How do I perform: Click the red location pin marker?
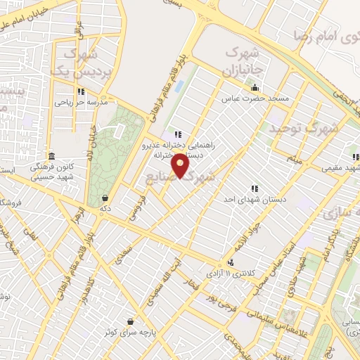pyautogui.click(x=181, y=167)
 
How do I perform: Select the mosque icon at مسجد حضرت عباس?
pyautogui.click(x=255, y=88)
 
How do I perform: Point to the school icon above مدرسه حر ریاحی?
pyautogui.click(x=82, y=91)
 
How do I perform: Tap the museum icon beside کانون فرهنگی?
pyautogui.click(x=51, y=156)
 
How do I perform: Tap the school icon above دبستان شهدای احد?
pyautogui.click(x=254, y=188)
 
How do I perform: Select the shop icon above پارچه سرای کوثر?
pyautogui.click(x=129, y=320)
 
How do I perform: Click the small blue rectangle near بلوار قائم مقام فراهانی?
pyautogui.click(x=178, y=87)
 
